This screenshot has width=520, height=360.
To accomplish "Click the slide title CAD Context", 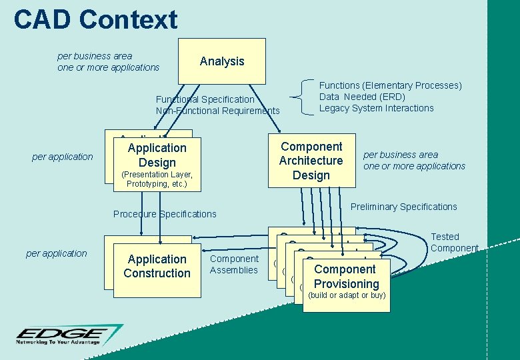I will point(95,19).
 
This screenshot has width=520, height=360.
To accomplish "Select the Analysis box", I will point(222,61).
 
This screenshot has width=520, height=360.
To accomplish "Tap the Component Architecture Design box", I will point(311,160).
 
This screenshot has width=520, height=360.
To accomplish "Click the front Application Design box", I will point(157,163).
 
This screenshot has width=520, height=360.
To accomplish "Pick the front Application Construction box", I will point(157,267).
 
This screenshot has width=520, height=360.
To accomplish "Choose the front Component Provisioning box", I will point(345,281).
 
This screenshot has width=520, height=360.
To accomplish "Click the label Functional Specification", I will point(205,99).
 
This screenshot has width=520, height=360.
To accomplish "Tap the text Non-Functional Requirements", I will point(217,111).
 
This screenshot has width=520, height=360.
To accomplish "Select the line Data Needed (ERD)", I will point(362,97).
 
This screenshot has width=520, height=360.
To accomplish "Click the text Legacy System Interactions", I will point(376,108).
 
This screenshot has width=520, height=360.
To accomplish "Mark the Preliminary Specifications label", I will point(403,207).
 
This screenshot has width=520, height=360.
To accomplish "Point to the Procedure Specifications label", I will point(165,214).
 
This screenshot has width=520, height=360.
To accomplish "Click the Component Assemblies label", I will point(233,264).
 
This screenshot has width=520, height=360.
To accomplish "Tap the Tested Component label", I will point(454,243).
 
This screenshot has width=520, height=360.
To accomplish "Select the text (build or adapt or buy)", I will point(347,295).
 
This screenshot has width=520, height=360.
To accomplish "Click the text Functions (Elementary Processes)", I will point(390,85).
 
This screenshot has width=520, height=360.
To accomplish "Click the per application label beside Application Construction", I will point(56,253).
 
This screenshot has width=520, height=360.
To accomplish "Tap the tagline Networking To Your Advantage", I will point(59,342).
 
